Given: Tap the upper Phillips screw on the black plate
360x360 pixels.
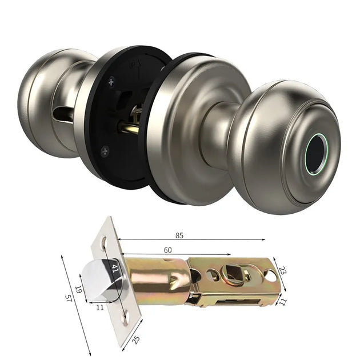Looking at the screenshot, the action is click(111, 82).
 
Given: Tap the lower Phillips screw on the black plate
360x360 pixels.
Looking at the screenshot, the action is click(105, 151).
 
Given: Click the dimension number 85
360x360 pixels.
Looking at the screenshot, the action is click(179, 235).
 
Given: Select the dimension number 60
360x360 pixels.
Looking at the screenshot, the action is click(167, 250).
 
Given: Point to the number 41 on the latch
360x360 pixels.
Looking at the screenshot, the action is click(114, 269).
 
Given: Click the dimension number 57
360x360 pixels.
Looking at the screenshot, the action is click(68, 298).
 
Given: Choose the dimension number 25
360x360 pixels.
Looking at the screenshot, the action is click(136, 340).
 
